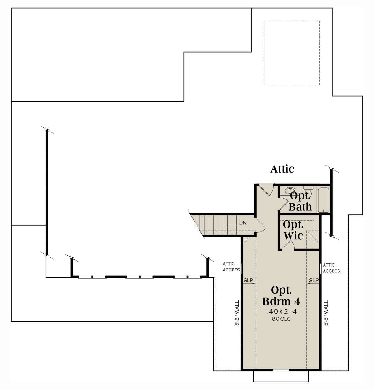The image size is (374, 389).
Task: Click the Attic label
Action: pyautogui.click(x=282, y=169)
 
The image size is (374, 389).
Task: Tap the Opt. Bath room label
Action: pyautogui.click(x=300, y=201)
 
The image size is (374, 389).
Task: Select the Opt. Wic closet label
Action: pyautogui.click(x=293, y=230)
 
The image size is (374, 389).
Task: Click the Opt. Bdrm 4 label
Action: pyautogui.click(x=281, y=296)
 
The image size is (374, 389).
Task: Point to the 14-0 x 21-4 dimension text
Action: pyautogui.click(x=281, y=311)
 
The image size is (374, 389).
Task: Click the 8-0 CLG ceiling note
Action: pyautogui.click(x=281, y=319)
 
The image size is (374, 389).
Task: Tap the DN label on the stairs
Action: pyautogui.click(x=243, y=223)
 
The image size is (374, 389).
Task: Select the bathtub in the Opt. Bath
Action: pyautogui.click(x=324, y=200)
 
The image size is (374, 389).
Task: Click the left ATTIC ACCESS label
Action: pyautogui.click(x=231, y=267)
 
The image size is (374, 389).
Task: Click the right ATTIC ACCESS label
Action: pyautogui.click(x=331, y=268)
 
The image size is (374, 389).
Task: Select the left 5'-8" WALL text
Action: pyautogui.click(x=237, y=313)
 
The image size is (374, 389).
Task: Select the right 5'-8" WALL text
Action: pyautogui.click(x=326, y=313)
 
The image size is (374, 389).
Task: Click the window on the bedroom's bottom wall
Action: pyautogui.click(x=281, y=370)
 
